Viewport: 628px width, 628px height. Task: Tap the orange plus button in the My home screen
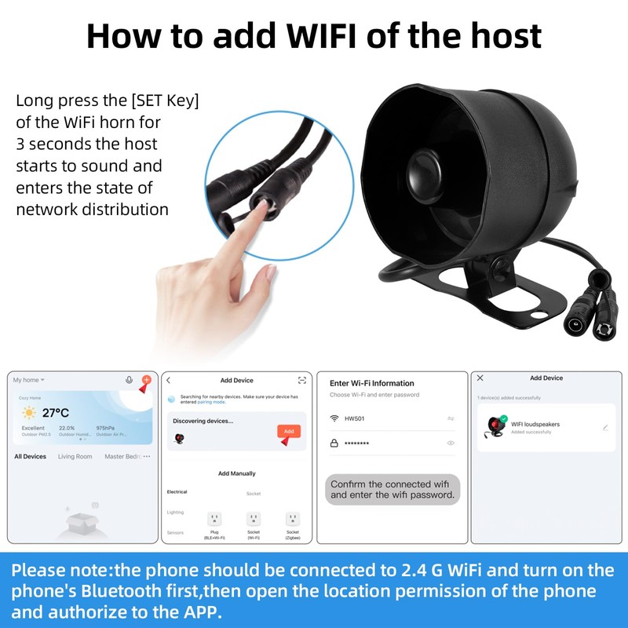pos(145,380)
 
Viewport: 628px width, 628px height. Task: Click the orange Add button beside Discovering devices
pos(288,431)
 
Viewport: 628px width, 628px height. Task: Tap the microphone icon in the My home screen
pos(129,380)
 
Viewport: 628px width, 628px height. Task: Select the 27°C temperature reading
pos(56,413)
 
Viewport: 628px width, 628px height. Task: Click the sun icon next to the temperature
pos(29,413)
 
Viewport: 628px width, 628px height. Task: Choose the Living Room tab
pos(75,456)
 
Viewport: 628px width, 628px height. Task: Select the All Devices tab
pos(31,456)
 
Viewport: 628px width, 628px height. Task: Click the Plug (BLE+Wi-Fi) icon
pos(214,519)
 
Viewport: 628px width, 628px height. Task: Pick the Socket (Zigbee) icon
pos(293,519)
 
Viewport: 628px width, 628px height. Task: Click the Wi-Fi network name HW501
pos(354,418)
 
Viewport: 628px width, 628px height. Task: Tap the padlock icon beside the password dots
pos(334,444)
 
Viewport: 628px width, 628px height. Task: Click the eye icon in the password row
pos(451,444)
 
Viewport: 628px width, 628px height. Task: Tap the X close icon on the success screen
pos(480,378)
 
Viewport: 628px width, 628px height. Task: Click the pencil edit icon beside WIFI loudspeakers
pos(605,428)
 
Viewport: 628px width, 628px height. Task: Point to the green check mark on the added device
pos(502,419)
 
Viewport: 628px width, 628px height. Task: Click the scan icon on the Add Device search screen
pos(302,381)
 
